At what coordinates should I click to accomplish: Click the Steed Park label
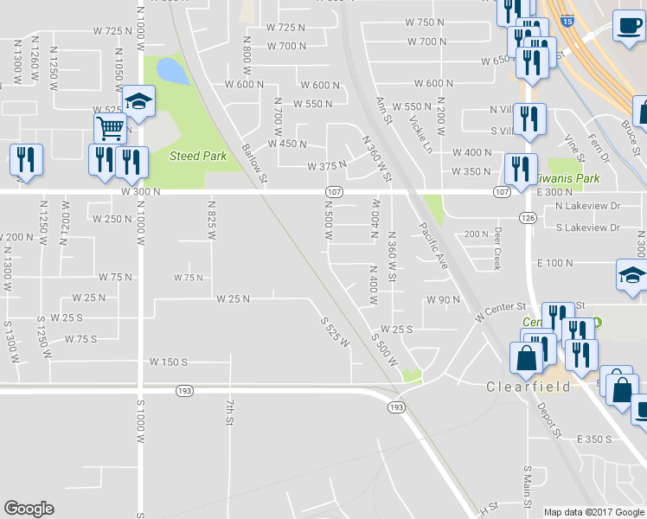pyautogui.click(x=198, y=156)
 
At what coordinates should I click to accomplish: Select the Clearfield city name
pyautogui.click(x=528, y=387)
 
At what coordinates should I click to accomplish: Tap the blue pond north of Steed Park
pyautogui.click(x=172, y=71)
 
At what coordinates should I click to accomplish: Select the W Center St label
pyautogui.click(x=500, y=311)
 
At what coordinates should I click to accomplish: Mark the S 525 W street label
pyautogui.click(x=334, y=330)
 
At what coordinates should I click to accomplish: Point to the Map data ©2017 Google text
pyautogui.click(x=593, y=512)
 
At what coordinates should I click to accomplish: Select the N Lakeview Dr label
pyautogui.click(x=588, y=207)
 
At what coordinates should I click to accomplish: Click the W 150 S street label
pyautogui.click(x=170, y=362)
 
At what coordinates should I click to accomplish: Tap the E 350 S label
pyautogui.click(x=594, y=439)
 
